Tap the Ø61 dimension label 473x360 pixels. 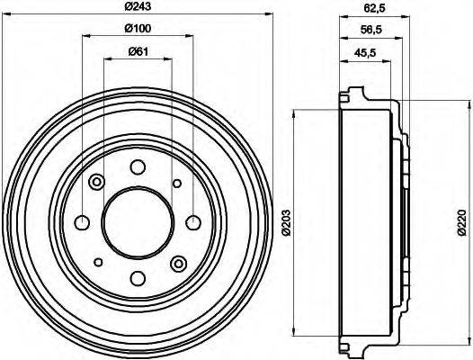coord(138,52)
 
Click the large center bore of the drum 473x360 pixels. coord(137,222)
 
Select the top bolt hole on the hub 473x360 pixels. coord(137,167)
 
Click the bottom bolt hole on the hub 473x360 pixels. coord(137,278)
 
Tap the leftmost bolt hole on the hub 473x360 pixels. coord(82,222)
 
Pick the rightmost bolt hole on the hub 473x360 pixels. coord(192,222)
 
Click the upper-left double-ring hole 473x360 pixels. coord(97,183)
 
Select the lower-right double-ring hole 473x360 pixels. coord(177,263)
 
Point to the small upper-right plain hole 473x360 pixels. coord(176,183)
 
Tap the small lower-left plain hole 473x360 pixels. coord(97,262)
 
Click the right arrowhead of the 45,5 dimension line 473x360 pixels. coord(398,62)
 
